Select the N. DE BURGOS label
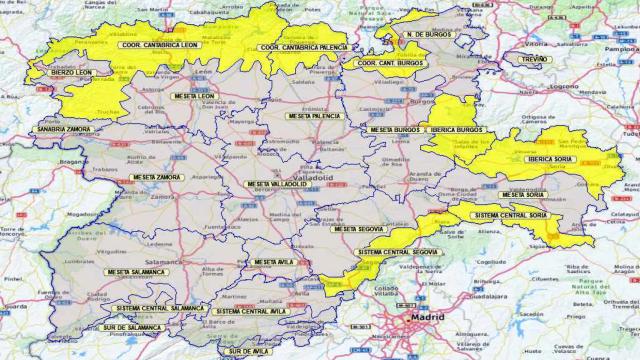click(x=429, y=35)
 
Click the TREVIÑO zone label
click(x=534, y=60)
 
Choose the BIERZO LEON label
click(x=72, y=73)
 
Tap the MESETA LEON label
click(x=197, y=97)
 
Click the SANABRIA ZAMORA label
click(x=63, y=130)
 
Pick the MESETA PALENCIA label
click(x=313, y=116)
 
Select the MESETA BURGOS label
click(x=395, y=130)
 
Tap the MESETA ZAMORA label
click(x=156, y=177)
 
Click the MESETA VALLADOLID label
click(x=278, y=184)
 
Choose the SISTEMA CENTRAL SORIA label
click(x=509, y=215)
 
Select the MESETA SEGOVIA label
click(x=358, y=229)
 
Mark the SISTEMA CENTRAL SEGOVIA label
click(x=396, y=251)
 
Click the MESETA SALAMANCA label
click(x=135, y=272)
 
